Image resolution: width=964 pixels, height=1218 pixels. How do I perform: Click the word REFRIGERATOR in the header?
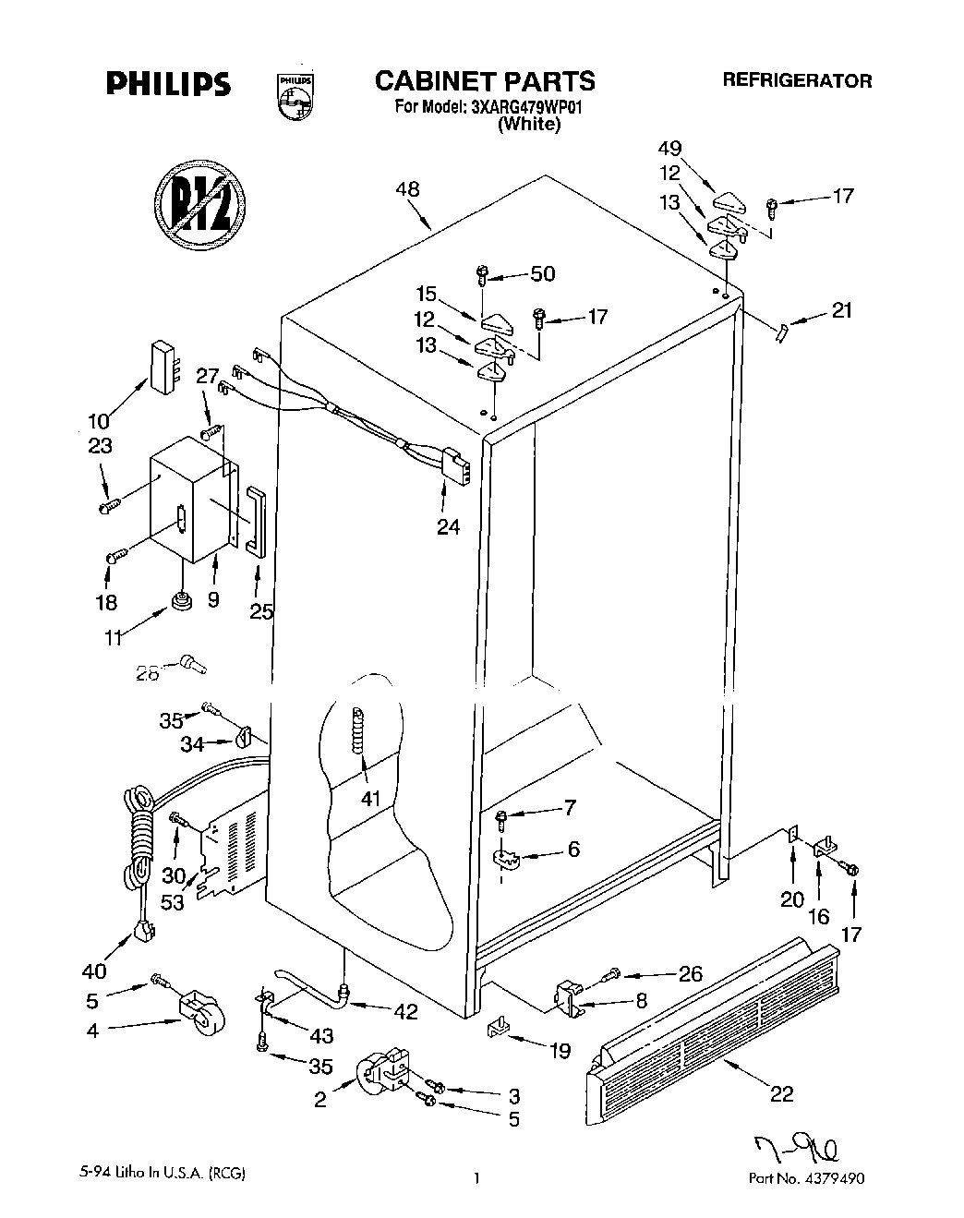[796, 80]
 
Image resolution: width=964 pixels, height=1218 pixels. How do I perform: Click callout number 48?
[407, 189]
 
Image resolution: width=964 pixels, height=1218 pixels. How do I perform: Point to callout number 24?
[449, 527]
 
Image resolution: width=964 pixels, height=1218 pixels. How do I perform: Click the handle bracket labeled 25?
[255, 522]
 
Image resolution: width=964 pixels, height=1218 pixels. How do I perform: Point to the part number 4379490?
[835, 1178]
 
